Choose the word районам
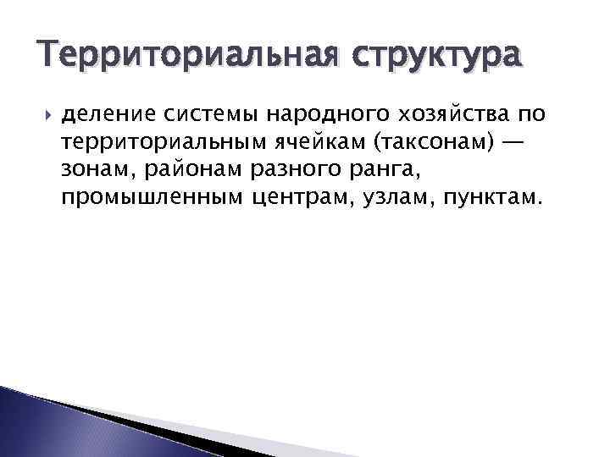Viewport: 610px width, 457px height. pos(194,170)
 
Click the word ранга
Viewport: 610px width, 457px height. pos(383,170)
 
